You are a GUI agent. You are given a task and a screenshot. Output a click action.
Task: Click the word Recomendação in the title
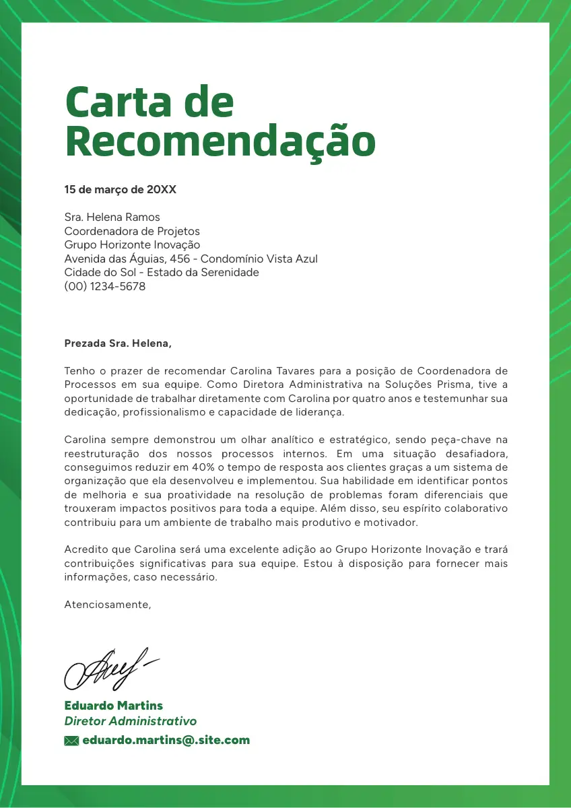[220, 141]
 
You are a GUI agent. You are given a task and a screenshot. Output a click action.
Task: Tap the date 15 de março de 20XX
[120, 190]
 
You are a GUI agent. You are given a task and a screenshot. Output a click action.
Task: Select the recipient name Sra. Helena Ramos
[112, 217]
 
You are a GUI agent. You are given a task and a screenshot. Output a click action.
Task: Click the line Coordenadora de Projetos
[132, 231]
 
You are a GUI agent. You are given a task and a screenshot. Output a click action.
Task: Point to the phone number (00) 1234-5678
[104, 286]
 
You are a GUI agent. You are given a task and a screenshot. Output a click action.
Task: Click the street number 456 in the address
[180, 259]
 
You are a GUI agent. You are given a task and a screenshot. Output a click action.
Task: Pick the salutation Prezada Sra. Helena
[118, 343]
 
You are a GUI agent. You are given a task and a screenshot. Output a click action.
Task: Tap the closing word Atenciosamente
[108, 605]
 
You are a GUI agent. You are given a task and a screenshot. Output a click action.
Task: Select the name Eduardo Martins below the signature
[113, 706]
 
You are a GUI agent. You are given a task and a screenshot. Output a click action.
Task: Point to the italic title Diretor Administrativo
[130, 721]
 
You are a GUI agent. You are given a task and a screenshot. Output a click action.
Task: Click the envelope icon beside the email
[71, 741]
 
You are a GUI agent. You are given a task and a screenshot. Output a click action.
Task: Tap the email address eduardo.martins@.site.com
[166, 740]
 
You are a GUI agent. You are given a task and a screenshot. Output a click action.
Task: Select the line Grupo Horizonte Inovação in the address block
[132, 245]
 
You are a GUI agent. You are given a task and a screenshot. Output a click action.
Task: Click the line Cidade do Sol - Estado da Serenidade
[162, 273]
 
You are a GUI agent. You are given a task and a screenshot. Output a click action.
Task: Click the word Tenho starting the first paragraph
[78, 371]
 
